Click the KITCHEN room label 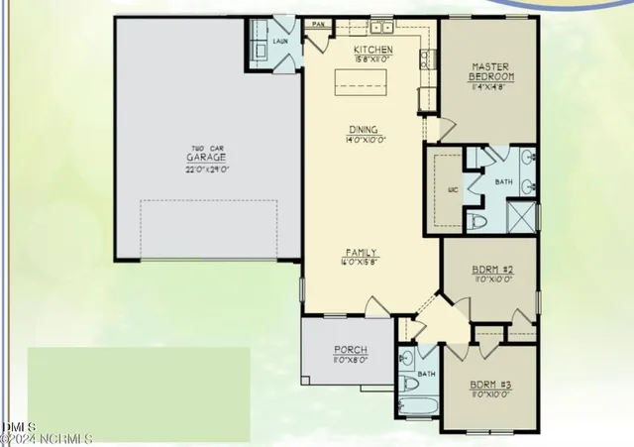(x=373, y=50)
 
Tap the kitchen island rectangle (x=361, y=81)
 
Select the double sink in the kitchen (x=382, y=29)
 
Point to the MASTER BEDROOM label (x=492, y=71)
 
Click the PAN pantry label (x=319, y=23)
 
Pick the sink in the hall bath (x=407, y=360)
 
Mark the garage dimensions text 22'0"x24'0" (x=208, y=169)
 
